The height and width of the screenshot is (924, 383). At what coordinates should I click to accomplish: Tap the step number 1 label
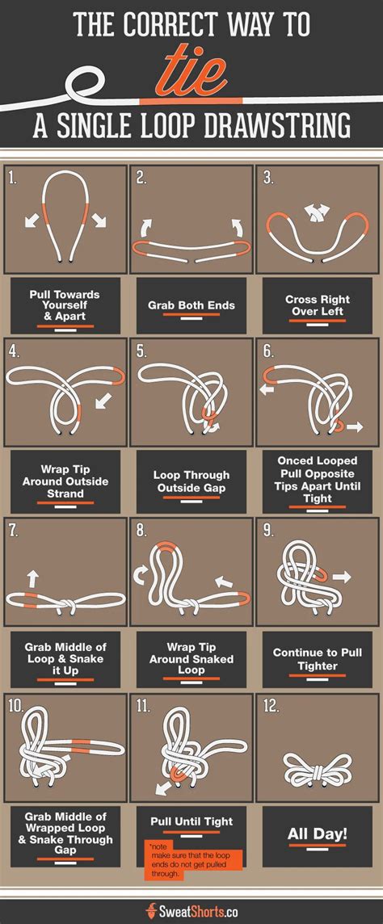(12, 178)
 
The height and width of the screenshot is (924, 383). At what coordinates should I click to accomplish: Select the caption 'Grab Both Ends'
(191, 306)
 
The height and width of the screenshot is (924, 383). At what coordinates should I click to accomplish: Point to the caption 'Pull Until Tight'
(191, 821)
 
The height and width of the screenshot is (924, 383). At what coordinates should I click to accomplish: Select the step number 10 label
(16, 705)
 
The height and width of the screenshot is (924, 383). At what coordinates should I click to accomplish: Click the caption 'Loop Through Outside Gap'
(191, 481)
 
